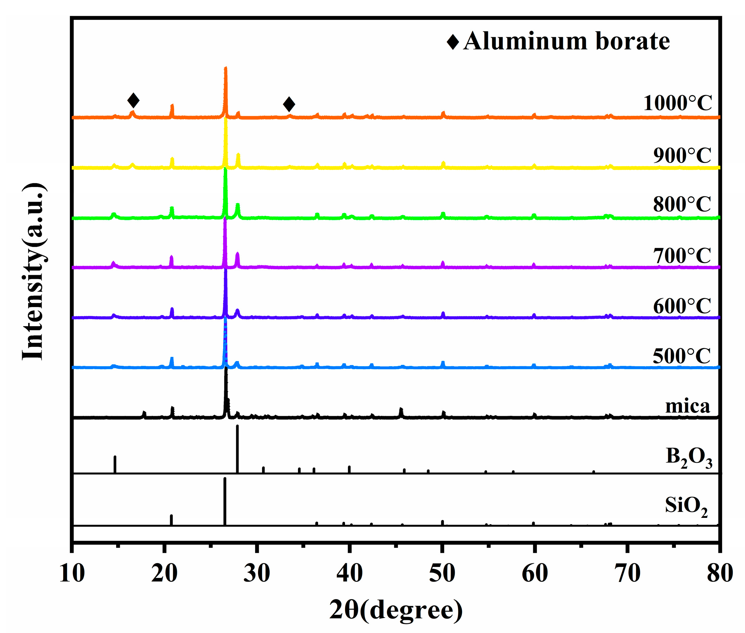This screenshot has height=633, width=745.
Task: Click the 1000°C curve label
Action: pos(677,103)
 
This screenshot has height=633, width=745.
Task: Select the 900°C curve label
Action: pos(682,155)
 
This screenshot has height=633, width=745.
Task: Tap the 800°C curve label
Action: pos(682,204)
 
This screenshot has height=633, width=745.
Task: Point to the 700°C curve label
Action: pos(682,256)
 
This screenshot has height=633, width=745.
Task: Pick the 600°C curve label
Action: pos(682,306)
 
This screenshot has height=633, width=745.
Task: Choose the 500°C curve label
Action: pos(682,356)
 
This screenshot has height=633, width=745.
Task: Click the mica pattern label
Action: pos(687,406)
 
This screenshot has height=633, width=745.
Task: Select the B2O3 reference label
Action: pos(689,457)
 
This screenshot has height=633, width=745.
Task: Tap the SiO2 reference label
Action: pos(686,506)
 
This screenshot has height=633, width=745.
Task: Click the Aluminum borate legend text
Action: pos(566,41)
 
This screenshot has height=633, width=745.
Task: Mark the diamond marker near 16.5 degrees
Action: pos(133,100)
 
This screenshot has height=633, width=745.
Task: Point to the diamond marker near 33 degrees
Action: pos(289,104)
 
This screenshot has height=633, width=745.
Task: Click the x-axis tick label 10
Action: pos(72,574)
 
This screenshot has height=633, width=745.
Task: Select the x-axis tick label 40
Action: pos(349,574)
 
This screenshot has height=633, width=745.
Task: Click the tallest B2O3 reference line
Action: pos(237,448)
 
